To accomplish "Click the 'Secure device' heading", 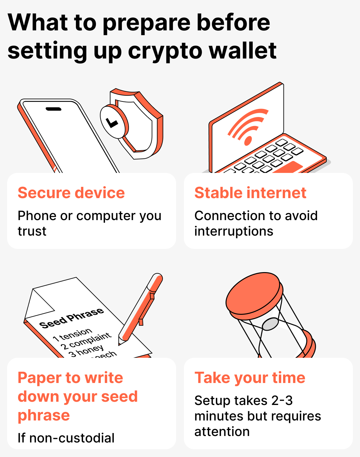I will click(x=71, y=193).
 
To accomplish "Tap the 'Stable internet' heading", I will click(x=250, y=193).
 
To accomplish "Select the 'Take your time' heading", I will click(x=250, y=377).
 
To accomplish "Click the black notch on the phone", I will click(x=54, y=109).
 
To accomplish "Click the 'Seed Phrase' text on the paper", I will click(x=71, y=318).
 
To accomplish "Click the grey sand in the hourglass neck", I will click(x=270, y=324).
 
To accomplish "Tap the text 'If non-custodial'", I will click(x=66, y=438).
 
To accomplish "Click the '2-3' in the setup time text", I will click(x=282, y=401).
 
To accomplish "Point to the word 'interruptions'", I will click(x=234, y=231).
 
